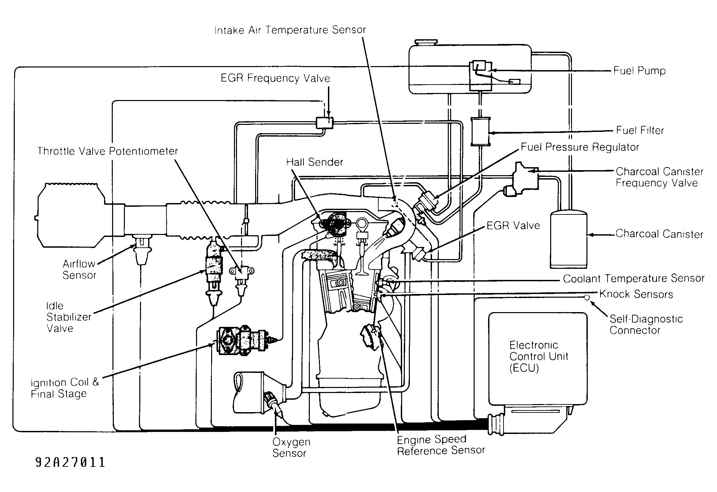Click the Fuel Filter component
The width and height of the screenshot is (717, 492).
click(x=480, y=132)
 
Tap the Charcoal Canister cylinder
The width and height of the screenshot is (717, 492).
click(x=568, y=239)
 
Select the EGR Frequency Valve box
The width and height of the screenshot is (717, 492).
click(x=325, y=123)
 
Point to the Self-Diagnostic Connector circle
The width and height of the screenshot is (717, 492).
click(x=587, y=297)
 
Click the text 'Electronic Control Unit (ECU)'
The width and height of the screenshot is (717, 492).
click(x=538, y=357)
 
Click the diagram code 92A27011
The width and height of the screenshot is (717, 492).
click(x=70, y=462)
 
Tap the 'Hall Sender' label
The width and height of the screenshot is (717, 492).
click(x=315, y=162)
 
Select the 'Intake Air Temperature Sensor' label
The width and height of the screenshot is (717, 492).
click(x=290, y=30)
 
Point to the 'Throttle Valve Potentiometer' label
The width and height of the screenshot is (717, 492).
click(x=107, y=151)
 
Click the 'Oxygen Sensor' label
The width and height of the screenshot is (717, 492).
click(x=291, y=448)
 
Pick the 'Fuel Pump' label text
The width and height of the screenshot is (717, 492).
click(x=639, y=71)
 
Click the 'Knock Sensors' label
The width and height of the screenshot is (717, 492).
click(x=636, y=294)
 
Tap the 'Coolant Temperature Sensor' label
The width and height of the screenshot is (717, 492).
click(x=634, y=279)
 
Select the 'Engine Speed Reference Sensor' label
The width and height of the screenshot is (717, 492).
click(x=441, y=445)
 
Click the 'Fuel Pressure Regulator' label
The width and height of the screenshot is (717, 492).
click(x=580, y=147)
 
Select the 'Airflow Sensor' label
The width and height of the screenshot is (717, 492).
click(x=79, y=269)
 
